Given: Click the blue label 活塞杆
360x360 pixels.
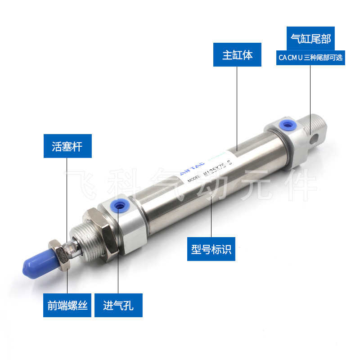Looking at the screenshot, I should (67, 146).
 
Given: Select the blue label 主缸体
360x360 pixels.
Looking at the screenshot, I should (237, 55).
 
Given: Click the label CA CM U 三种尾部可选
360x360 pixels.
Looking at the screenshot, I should (310, 58).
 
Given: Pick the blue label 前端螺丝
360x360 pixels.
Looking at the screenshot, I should (67, 306).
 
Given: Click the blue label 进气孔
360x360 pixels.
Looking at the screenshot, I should (118, 306).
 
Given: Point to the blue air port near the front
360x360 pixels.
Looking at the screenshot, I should (119, 206).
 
